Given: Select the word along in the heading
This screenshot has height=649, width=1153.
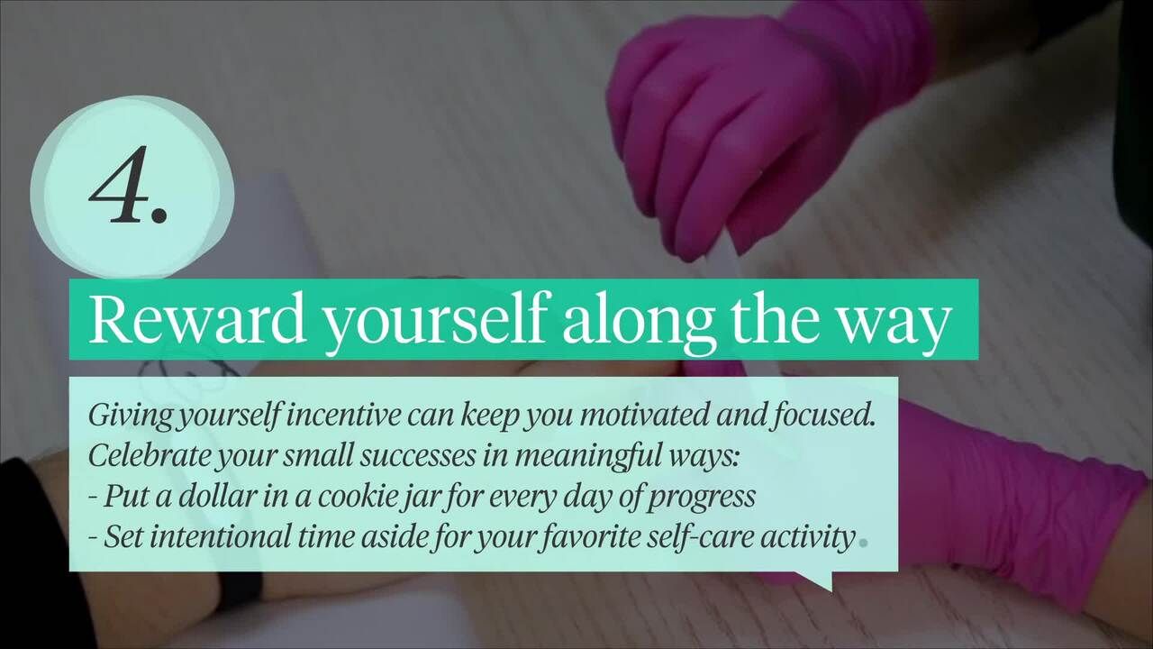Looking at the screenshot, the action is point(639,323).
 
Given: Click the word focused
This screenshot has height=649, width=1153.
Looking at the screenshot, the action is point(823,416).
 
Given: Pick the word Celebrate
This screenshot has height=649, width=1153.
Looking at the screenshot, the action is point(149,455).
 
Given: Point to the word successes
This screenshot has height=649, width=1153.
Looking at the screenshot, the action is point(417,456).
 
